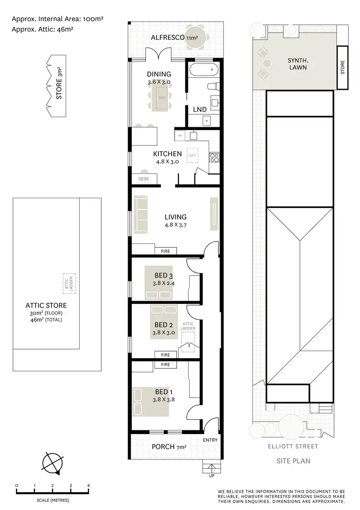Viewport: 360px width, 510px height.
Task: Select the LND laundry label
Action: (200, 109)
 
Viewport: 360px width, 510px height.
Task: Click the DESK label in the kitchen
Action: (143, 179)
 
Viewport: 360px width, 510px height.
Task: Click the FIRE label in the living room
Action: (166, 251)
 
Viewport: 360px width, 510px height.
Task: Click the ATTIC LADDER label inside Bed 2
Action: (188, 326)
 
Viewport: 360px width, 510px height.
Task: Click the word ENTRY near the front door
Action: (210, 440)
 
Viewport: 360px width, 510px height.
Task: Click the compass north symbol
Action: (51, 464)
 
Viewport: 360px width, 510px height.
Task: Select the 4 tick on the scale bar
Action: (88, 486)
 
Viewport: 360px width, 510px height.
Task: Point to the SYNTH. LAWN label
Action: (298, 64)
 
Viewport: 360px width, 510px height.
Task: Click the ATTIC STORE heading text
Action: (46, 305)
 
